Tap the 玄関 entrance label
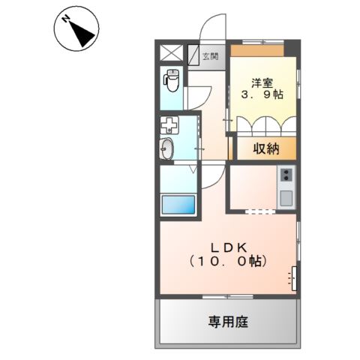212,55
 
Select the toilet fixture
172,79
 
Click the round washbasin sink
167,148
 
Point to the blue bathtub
178,204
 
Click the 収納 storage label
266,148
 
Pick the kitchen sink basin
286,199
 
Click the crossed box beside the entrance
172,55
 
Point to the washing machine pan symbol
169,126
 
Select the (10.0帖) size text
228,262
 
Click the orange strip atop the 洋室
256,50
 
